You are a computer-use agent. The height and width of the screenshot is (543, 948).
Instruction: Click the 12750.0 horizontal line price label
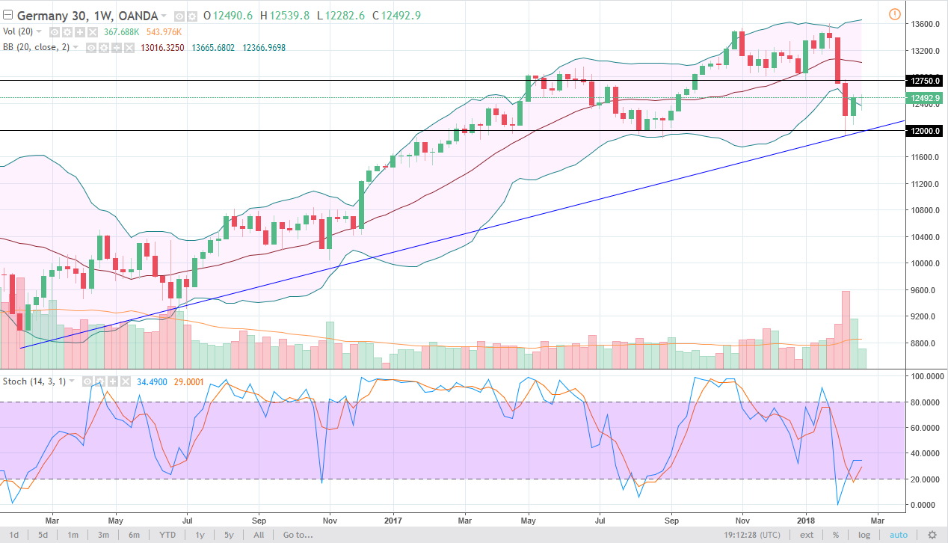tap(925, 80)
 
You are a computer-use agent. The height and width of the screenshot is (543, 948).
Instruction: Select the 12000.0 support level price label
tap(925, 131)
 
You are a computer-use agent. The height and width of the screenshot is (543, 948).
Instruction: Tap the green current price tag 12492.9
tap(925, 98)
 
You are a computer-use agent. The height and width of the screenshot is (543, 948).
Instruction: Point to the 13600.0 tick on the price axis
tap(925, 24)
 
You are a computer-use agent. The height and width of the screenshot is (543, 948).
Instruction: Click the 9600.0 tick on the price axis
tap(925, 290)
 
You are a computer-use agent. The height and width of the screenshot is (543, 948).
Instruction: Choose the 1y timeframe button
tap(200, 535)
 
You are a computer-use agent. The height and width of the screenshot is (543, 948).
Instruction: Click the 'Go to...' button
tap(298, 535)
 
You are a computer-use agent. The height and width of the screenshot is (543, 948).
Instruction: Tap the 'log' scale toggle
tap(864, 535)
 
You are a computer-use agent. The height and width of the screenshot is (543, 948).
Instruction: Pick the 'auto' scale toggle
tap(898, 535)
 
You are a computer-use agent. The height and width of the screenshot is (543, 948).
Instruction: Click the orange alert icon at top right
tap(895, 14)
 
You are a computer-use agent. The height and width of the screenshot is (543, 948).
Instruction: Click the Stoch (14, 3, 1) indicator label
tap(36, 381)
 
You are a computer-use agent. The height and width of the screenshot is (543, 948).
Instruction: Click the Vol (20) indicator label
tap(20, 32)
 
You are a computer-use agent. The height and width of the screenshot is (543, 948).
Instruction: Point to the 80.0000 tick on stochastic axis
tap(925, 402)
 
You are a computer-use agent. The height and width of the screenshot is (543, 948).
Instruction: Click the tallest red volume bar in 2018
tap(846, 329)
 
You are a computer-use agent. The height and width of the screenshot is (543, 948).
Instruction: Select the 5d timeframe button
tap(43, 535)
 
